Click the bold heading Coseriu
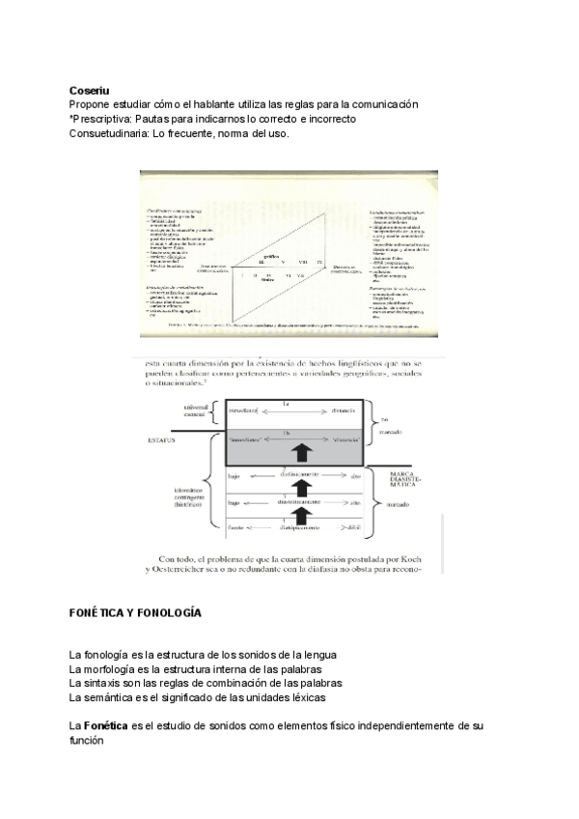coord(89,91)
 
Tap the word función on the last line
coord(86,740)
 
